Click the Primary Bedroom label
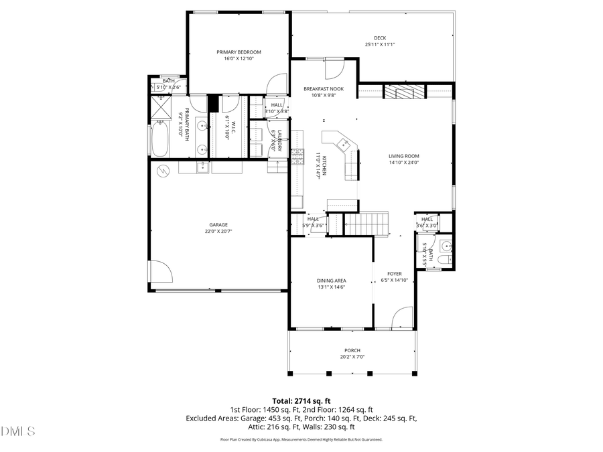point(239,52)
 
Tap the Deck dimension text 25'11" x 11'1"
point(380,45)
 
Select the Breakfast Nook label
point(324,88)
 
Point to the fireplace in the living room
point(405,92)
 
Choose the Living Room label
point(403,156)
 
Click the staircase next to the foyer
point(366,223)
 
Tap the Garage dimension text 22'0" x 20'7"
point(218,232)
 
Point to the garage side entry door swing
point(161,271)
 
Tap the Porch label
point(352,350)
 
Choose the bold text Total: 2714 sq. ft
point(301,400)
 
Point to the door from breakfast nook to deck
point(334,68)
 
